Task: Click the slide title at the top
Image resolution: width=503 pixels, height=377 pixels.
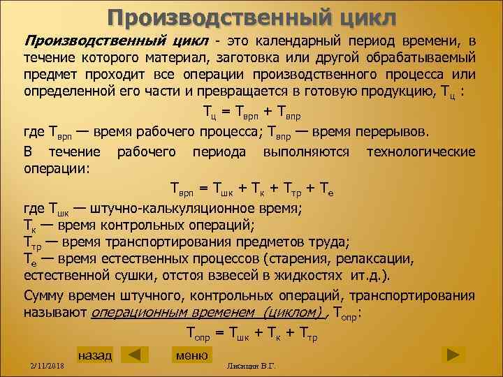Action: [252, 16]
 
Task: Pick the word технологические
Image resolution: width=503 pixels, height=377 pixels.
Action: [421, 151]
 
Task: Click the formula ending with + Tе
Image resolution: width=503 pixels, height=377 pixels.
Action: [251, 188]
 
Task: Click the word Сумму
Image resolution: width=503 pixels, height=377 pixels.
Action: [48, 295]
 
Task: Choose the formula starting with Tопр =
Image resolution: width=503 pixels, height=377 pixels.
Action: [251, 335]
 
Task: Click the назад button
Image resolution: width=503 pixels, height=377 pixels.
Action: [94, 356]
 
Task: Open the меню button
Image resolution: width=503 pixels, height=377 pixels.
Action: [191, 356]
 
